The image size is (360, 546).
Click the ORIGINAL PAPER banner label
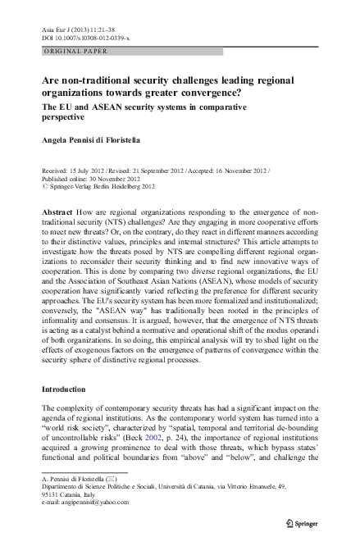[74, 52]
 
